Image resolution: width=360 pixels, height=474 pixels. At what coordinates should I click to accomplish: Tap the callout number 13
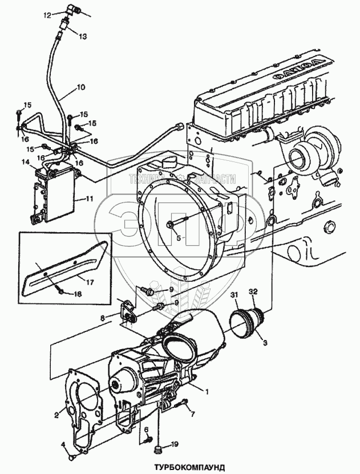pyautogui.click(x=83, y=36)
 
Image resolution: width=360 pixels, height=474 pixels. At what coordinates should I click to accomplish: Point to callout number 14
pyautogui.click(x=25, y=163)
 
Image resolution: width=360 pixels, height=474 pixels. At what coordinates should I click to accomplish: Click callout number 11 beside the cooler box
pyautogui.click(x=89, y=199)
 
